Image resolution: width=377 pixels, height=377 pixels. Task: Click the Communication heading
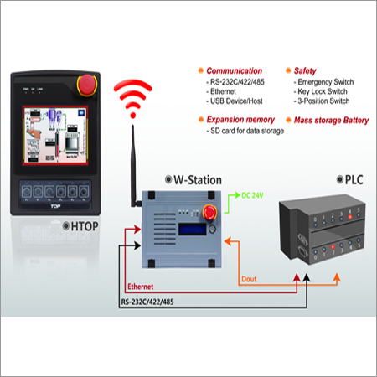point(235,71)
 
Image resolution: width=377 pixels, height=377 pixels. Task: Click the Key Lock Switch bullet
point(323,95)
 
